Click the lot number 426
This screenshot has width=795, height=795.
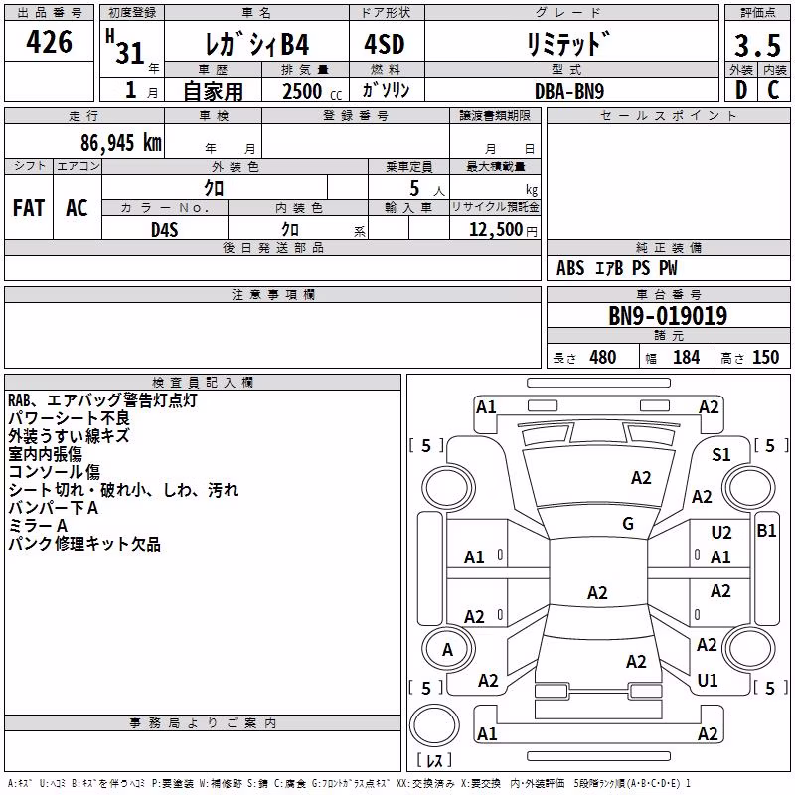click(49, 41)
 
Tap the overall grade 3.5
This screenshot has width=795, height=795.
click(757, 45)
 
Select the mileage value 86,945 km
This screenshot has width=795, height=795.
click(120, 142)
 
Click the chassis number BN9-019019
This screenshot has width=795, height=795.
click(668, 315)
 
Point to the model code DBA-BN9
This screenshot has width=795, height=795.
click(569, 91)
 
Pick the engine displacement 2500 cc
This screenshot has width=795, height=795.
click(312, 91)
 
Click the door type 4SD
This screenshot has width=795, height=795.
click(385, 44)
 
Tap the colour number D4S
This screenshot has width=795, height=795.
click(165, 230)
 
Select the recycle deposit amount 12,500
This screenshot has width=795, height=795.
click(495, 229)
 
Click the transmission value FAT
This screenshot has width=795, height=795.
click(29, 208)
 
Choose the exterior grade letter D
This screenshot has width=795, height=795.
click(741, 90)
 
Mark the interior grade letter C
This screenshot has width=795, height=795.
click(773, 90)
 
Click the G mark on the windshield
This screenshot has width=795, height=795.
click(628, 524)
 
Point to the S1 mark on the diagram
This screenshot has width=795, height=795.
click(721, 455)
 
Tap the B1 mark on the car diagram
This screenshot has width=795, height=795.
click(766, 531)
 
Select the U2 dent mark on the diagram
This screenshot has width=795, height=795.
click(721, 533)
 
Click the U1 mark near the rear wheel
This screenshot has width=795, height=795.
click(708, 680)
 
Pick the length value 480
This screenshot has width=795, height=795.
click(603, 358)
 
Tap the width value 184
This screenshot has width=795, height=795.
click(686, 358)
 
